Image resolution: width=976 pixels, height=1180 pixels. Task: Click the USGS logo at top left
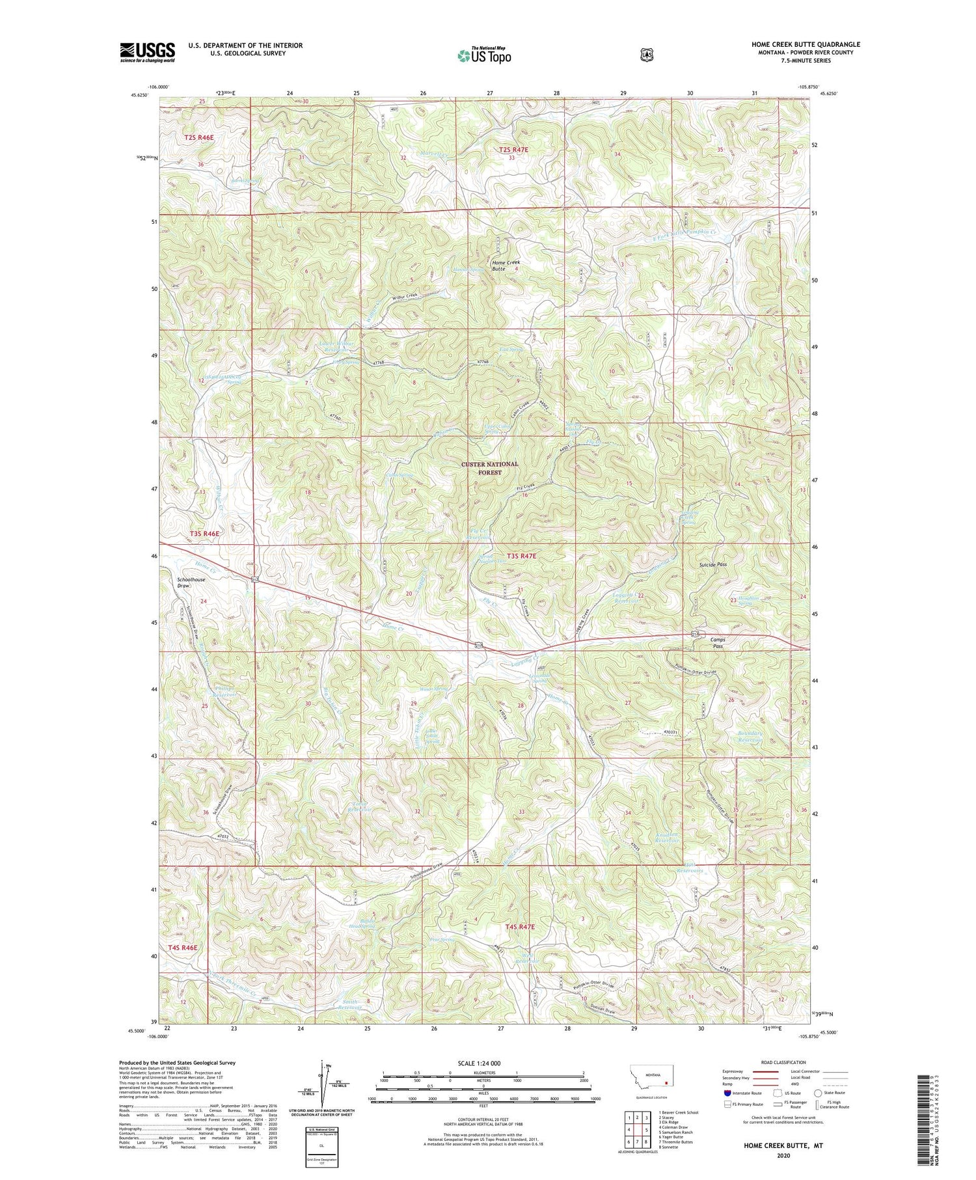coord(148,51)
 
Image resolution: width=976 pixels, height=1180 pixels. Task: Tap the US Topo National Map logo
coord(484,55)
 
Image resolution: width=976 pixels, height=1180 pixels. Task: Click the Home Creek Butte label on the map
coord(506,265)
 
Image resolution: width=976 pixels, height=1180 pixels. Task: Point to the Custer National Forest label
coord(489,468)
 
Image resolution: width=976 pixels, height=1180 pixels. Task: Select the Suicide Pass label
coord(712,564)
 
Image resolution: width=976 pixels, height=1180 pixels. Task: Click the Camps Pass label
coord(717,642)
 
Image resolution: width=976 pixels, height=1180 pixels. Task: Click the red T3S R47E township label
coord(521,556)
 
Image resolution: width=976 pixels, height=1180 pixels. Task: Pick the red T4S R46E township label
coord(182,948)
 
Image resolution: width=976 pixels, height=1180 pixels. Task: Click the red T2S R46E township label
coord(198,137)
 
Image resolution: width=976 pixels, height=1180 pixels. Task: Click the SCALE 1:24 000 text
coord(483,1063)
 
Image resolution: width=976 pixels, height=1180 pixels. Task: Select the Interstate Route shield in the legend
coord(727,1093)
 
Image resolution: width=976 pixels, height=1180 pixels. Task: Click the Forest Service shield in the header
coord(645,55)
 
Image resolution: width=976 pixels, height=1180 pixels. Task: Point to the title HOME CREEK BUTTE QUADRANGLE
coord(806,44)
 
